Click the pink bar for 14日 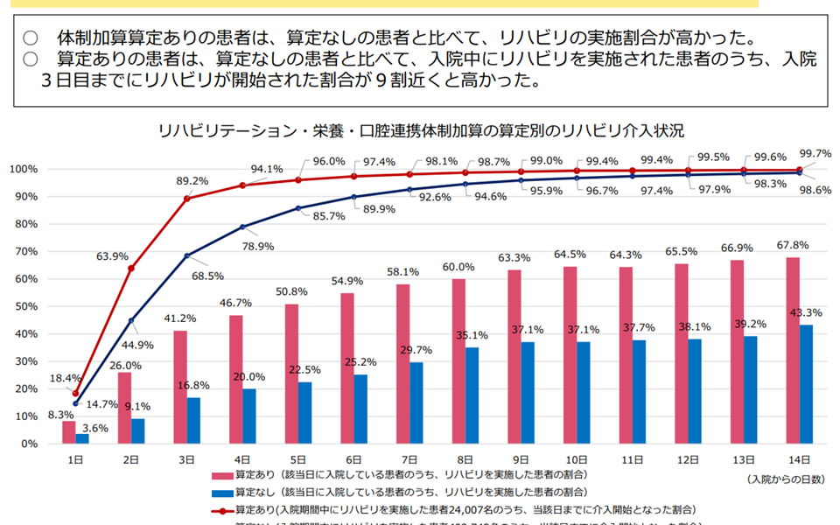tap(792, 350)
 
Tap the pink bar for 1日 tap(68, 432)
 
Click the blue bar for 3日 tap(194, 421)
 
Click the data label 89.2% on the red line tap(192, 181)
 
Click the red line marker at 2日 tap(131, 268)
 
